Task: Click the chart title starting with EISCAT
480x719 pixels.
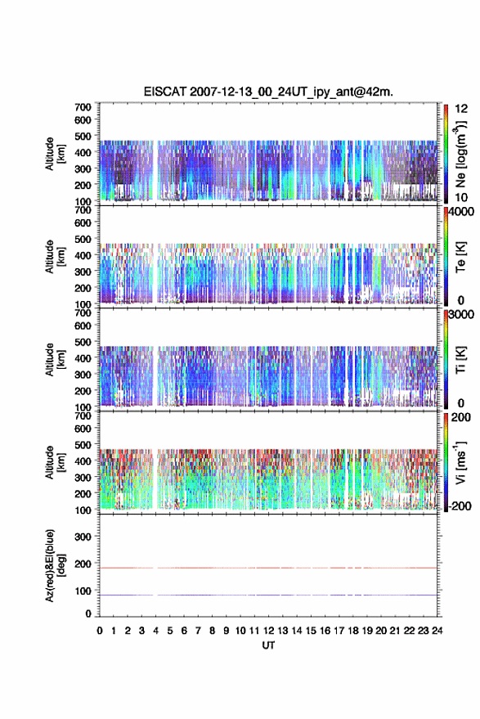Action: coord(268,92)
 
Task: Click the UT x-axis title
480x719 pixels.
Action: coord(268,645)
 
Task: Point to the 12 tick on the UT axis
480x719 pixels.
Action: coord(269,631)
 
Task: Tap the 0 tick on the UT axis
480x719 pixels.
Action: coord(100,631)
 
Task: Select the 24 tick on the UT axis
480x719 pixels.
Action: coord(437,631)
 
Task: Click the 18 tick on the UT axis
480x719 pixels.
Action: coord(353,631)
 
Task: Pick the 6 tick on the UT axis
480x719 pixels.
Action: coord(184,631)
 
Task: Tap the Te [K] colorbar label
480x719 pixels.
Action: coord(460,257)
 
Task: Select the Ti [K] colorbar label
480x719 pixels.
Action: coord(460,360)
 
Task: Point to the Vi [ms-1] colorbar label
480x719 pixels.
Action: coord(460,462)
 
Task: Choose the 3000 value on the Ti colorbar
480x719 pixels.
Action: coord(461,315)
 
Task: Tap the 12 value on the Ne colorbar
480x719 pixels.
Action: coord(462,109)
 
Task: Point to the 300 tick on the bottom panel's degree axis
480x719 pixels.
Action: coord(83,537)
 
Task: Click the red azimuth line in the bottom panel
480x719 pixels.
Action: coord(268,568)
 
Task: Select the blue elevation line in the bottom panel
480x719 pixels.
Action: coord(268,595)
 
